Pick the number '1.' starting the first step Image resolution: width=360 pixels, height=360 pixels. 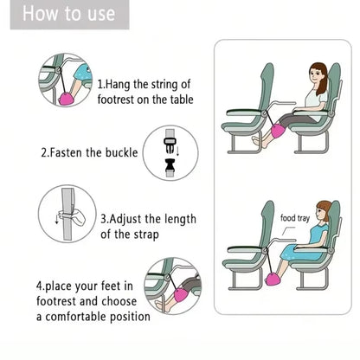point(101,85)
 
